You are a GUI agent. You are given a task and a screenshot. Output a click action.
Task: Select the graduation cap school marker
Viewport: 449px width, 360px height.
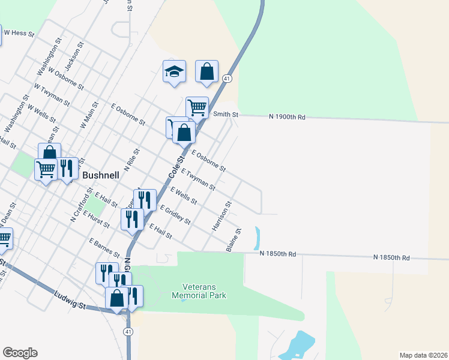point(175,72)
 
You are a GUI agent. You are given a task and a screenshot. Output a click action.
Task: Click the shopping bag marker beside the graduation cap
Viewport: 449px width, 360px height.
point(206,71)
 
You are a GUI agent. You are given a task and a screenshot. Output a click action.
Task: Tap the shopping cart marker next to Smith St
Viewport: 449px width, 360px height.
point(197,108)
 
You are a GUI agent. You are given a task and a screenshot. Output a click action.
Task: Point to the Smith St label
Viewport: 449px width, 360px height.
point(226,114)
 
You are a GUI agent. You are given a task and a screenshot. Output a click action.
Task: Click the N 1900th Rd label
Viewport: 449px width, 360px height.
point(287,116)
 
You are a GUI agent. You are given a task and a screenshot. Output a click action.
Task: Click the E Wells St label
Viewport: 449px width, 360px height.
point(184,196)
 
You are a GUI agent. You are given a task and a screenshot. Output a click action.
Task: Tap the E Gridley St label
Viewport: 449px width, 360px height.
point(175,215)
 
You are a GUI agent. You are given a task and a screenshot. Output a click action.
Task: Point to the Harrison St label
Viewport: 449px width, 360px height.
point(221,217)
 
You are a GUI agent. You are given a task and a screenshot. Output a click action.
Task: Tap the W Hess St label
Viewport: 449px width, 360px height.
point(17,33)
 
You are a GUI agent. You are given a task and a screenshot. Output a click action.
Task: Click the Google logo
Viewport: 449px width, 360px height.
point(20,353)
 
